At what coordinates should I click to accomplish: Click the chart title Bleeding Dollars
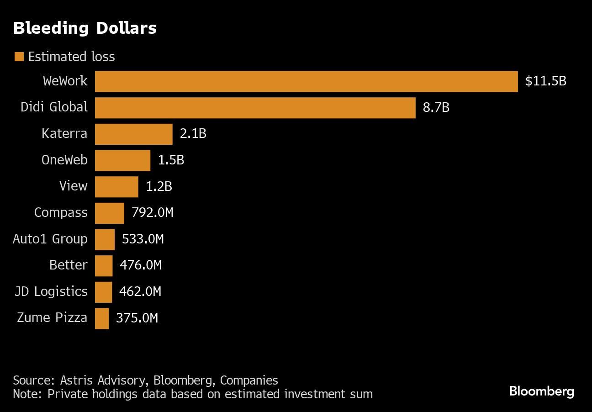pyautogui.click(x=85, y=28)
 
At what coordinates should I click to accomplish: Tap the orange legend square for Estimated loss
pyautogui.click(x=19, y=57)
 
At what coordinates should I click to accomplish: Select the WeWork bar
pyautogui.click(x=306, y=81)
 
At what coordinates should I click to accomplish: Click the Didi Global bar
pyautogui.click(x=255, y=107)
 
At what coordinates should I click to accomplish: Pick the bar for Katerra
pyautogui.click(x=133, y=134)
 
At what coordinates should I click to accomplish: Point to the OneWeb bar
pyautogui.click(x=122, y=160)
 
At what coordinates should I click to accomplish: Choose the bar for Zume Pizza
pyautogui.click(x=102, y=318)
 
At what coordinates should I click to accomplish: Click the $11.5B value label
pyautogui.click(x=545, y=81)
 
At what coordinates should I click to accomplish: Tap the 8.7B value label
pyautogui.click(x=436, y=107)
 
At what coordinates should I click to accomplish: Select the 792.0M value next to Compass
pyautogui.click(x=152, y=213)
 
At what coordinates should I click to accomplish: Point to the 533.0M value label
pyautogui.click(x=143, y=239)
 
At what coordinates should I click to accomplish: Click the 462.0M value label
pyautogui.click(x=140, y=292)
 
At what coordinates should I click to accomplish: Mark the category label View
pyautogui.click(x=73, y=186)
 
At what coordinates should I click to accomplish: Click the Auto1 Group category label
pyautogui.click(x=50, y=239)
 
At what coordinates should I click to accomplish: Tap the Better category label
pyautogui.click(x=68, y=265)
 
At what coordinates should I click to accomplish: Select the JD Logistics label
pyautogui.click(x=51, y=292)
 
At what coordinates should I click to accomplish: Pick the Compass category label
pyautogui.click(x=61, y=213)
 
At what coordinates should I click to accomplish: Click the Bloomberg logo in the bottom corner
pyautogui.click(x=541, y=391)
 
